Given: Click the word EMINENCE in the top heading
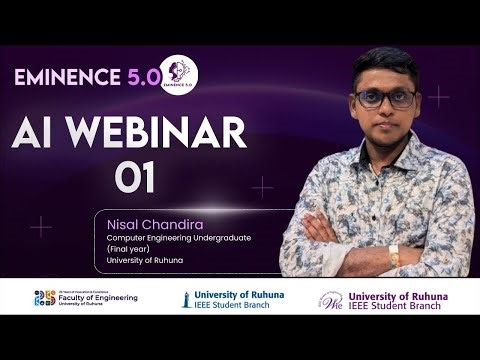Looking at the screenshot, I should click(x=67, y=77).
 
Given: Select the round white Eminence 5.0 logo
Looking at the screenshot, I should click(x=178, y=74).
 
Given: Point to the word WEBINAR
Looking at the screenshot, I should click(x=173, y=133).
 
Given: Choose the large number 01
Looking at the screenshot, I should click(x=134, y=177).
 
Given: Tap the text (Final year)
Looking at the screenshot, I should click(x=129, y=249).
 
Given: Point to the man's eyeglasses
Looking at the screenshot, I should click(x=386, y=99).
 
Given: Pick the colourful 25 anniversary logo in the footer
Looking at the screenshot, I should click(x=45, y=298).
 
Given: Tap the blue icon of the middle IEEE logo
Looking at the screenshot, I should click(x=186, y=298).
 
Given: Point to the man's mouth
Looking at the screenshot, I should click(x=387, y=130).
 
